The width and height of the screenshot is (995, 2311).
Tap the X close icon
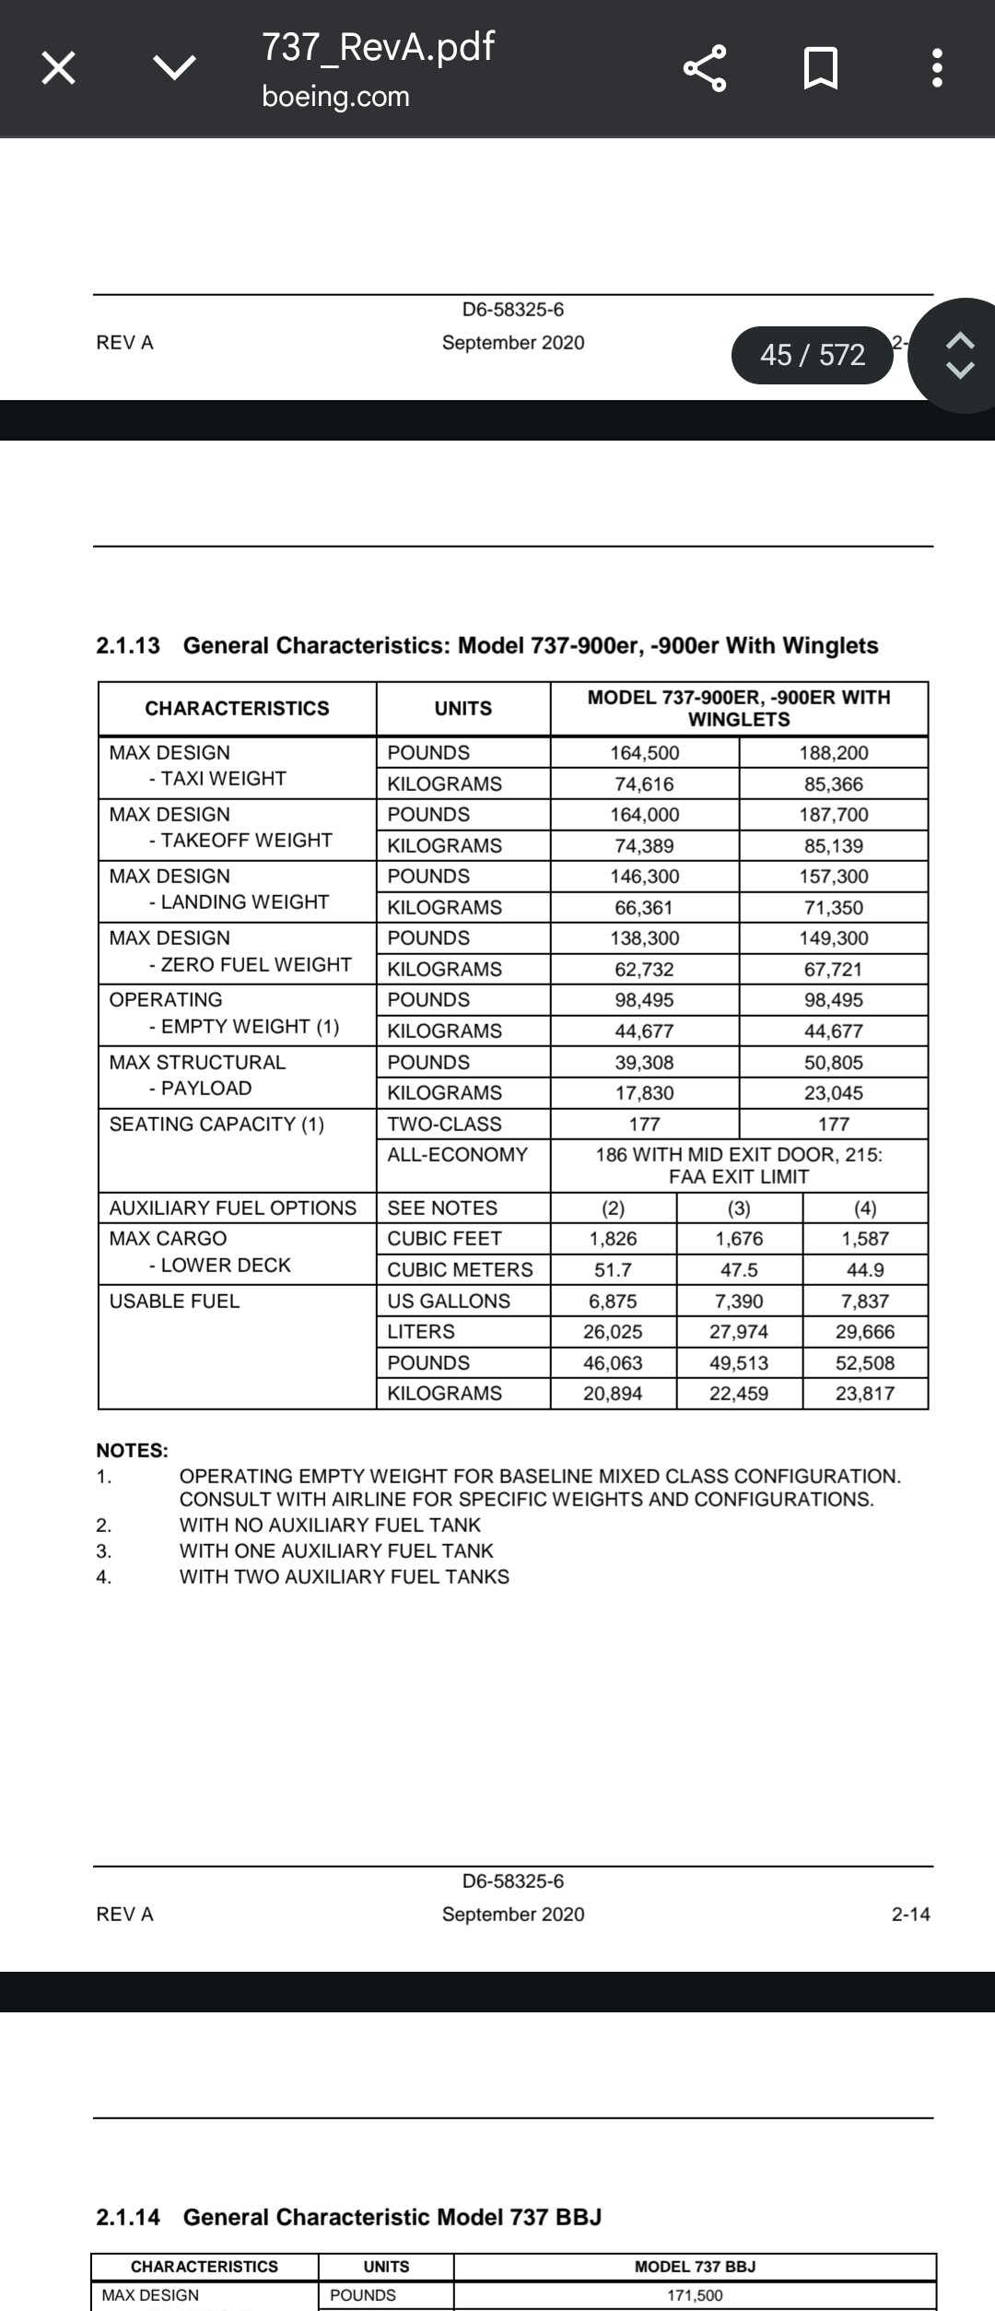tap(59, 68)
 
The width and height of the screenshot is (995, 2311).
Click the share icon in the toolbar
tap(706, 68)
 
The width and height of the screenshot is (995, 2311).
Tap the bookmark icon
tap(820, 68)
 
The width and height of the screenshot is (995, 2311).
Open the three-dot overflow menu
tap(937, 68)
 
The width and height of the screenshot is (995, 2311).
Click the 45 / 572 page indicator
tap(812, 355)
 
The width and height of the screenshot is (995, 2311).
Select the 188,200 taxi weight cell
tap(833, 752)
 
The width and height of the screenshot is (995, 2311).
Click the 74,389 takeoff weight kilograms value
tap(644, 845)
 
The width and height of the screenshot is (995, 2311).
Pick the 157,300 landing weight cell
tap(833, 876)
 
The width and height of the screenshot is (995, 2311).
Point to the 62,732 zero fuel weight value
tap(644, 969)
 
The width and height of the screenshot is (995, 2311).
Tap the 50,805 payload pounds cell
tap(833, 1062)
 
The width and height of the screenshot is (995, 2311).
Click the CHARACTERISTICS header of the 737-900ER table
tap(237, 708)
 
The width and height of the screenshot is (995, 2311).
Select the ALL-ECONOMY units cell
tap(457, 1154)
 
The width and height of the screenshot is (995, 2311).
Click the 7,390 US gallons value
tap(739, 1301)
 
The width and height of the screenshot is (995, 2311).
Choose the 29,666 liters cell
tap(864, 1331)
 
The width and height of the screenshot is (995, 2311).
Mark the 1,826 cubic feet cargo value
tap(613, 1238)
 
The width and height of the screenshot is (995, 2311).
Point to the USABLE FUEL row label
tap(174, 1301)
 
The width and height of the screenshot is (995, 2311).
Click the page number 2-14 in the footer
tap(910, 1914)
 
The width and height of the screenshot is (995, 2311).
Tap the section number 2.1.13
tap(128, 645)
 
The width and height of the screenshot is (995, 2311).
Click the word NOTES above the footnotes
tap(132, 1450)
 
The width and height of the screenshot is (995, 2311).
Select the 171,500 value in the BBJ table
tap(695, 2295)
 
